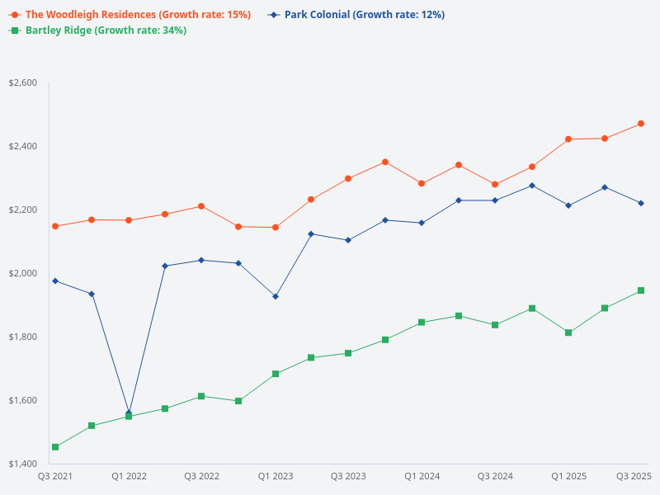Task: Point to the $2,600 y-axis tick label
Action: click(x=22, y=83)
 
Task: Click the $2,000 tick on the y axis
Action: click(x=22, y=274)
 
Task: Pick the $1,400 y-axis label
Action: click(x=22, y=464)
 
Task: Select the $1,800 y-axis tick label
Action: click(x=22, y=337)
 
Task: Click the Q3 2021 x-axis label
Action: click(x=55, y=477)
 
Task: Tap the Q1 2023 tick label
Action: click(x=276, y=477)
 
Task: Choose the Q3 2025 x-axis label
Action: click(x=634, y=477)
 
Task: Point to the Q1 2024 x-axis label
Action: click(x=422, y=477)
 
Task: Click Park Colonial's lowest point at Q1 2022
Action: click(x=129, y=413)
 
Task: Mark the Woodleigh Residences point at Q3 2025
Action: click(x=641, y=124)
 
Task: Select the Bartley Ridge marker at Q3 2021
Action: click(x=55, y=447)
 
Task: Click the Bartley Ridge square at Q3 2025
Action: click(x=641, y=290)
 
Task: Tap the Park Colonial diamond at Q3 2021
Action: click(x=55, y=281)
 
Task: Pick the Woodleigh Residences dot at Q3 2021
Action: click(x=55, y=226)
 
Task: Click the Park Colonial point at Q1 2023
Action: click(x=276, y=296)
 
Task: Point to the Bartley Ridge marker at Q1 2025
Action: click(x=568, y=332)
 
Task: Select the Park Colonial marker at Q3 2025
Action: click(x=641, y=203)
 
